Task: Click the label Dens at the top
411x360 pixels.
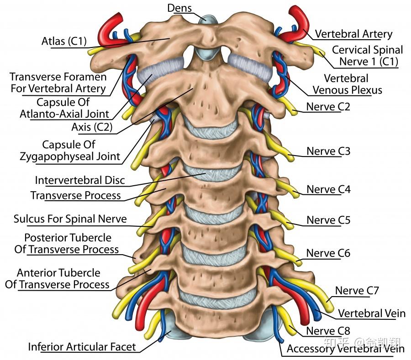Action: (x=179, y=8)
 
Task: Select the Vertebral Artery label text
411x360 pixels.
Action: (x=353, y=34)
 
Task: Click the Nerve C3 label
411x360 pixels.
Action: (x=328, y=151)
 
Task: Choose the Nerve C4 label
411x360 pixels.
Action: (x=328, y=189)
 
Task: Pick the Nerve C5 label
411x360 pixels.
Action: (x=328, y=220)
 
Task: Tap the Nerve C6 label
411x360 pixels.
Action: (x=328, y=253)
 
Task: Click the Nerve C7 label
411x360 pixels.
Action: (x=357, y=291)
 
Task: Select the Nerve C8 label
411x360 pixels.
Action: (x=328, y=331)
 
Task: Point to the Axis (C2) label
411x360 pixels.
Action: (x=91, y=127)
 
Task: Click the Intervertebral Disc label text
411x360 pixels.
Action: (x=80, y=180)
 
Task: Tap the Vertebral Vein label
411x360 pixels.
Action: (x=371, y=313)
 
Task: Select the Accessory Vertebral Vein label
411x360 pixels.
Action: (x=345, y=349)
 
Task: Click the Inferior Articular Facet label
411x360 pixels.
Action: (x=82, y=347)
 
